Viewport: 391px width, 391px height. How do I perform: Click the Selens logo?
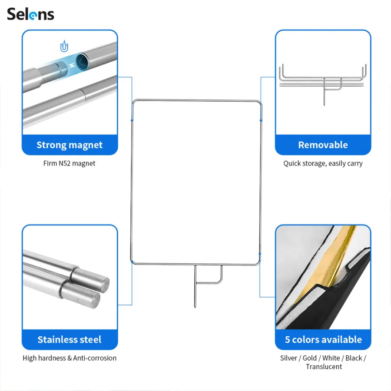[30, 14]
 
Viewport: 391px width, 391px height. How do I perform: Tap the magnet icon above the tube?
[64, 46]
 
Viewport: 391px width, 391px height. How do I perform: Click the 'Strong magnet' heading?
[70, 145]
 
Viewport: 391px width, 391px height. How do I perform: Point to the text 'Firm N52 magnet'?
[70, 163]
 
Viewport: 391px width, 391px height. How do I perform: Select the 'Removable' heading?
[323, 145]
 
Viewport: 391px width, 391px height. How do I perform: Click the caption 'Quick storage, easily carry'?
[323, 164]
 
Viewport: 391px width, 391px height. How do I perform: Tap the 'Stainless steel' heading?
[70, 339]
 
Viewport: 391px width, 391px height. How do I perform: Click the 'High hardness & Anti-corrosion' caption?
[70, 358]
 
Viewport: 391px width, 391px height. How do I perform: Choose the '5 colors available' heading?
[323, 339]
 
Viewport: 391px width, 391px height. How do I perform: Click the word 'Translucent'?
[324, 367]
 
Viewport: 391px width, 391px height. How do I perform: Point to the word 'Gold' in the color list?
[309, 358]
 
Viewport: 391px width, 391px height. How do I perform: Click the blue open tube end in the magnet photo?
[82, 61]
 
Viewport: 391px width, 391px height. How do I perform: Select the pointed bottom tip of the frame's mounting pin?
[195, 307]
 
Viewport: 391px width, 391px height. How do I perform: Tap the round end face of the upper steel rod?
[103, 285]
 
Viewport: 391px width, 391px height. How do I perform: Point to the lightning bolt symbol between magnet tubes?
[72, 66]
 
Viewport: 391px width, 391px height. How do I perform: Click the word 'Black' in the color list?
[354, 358]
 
